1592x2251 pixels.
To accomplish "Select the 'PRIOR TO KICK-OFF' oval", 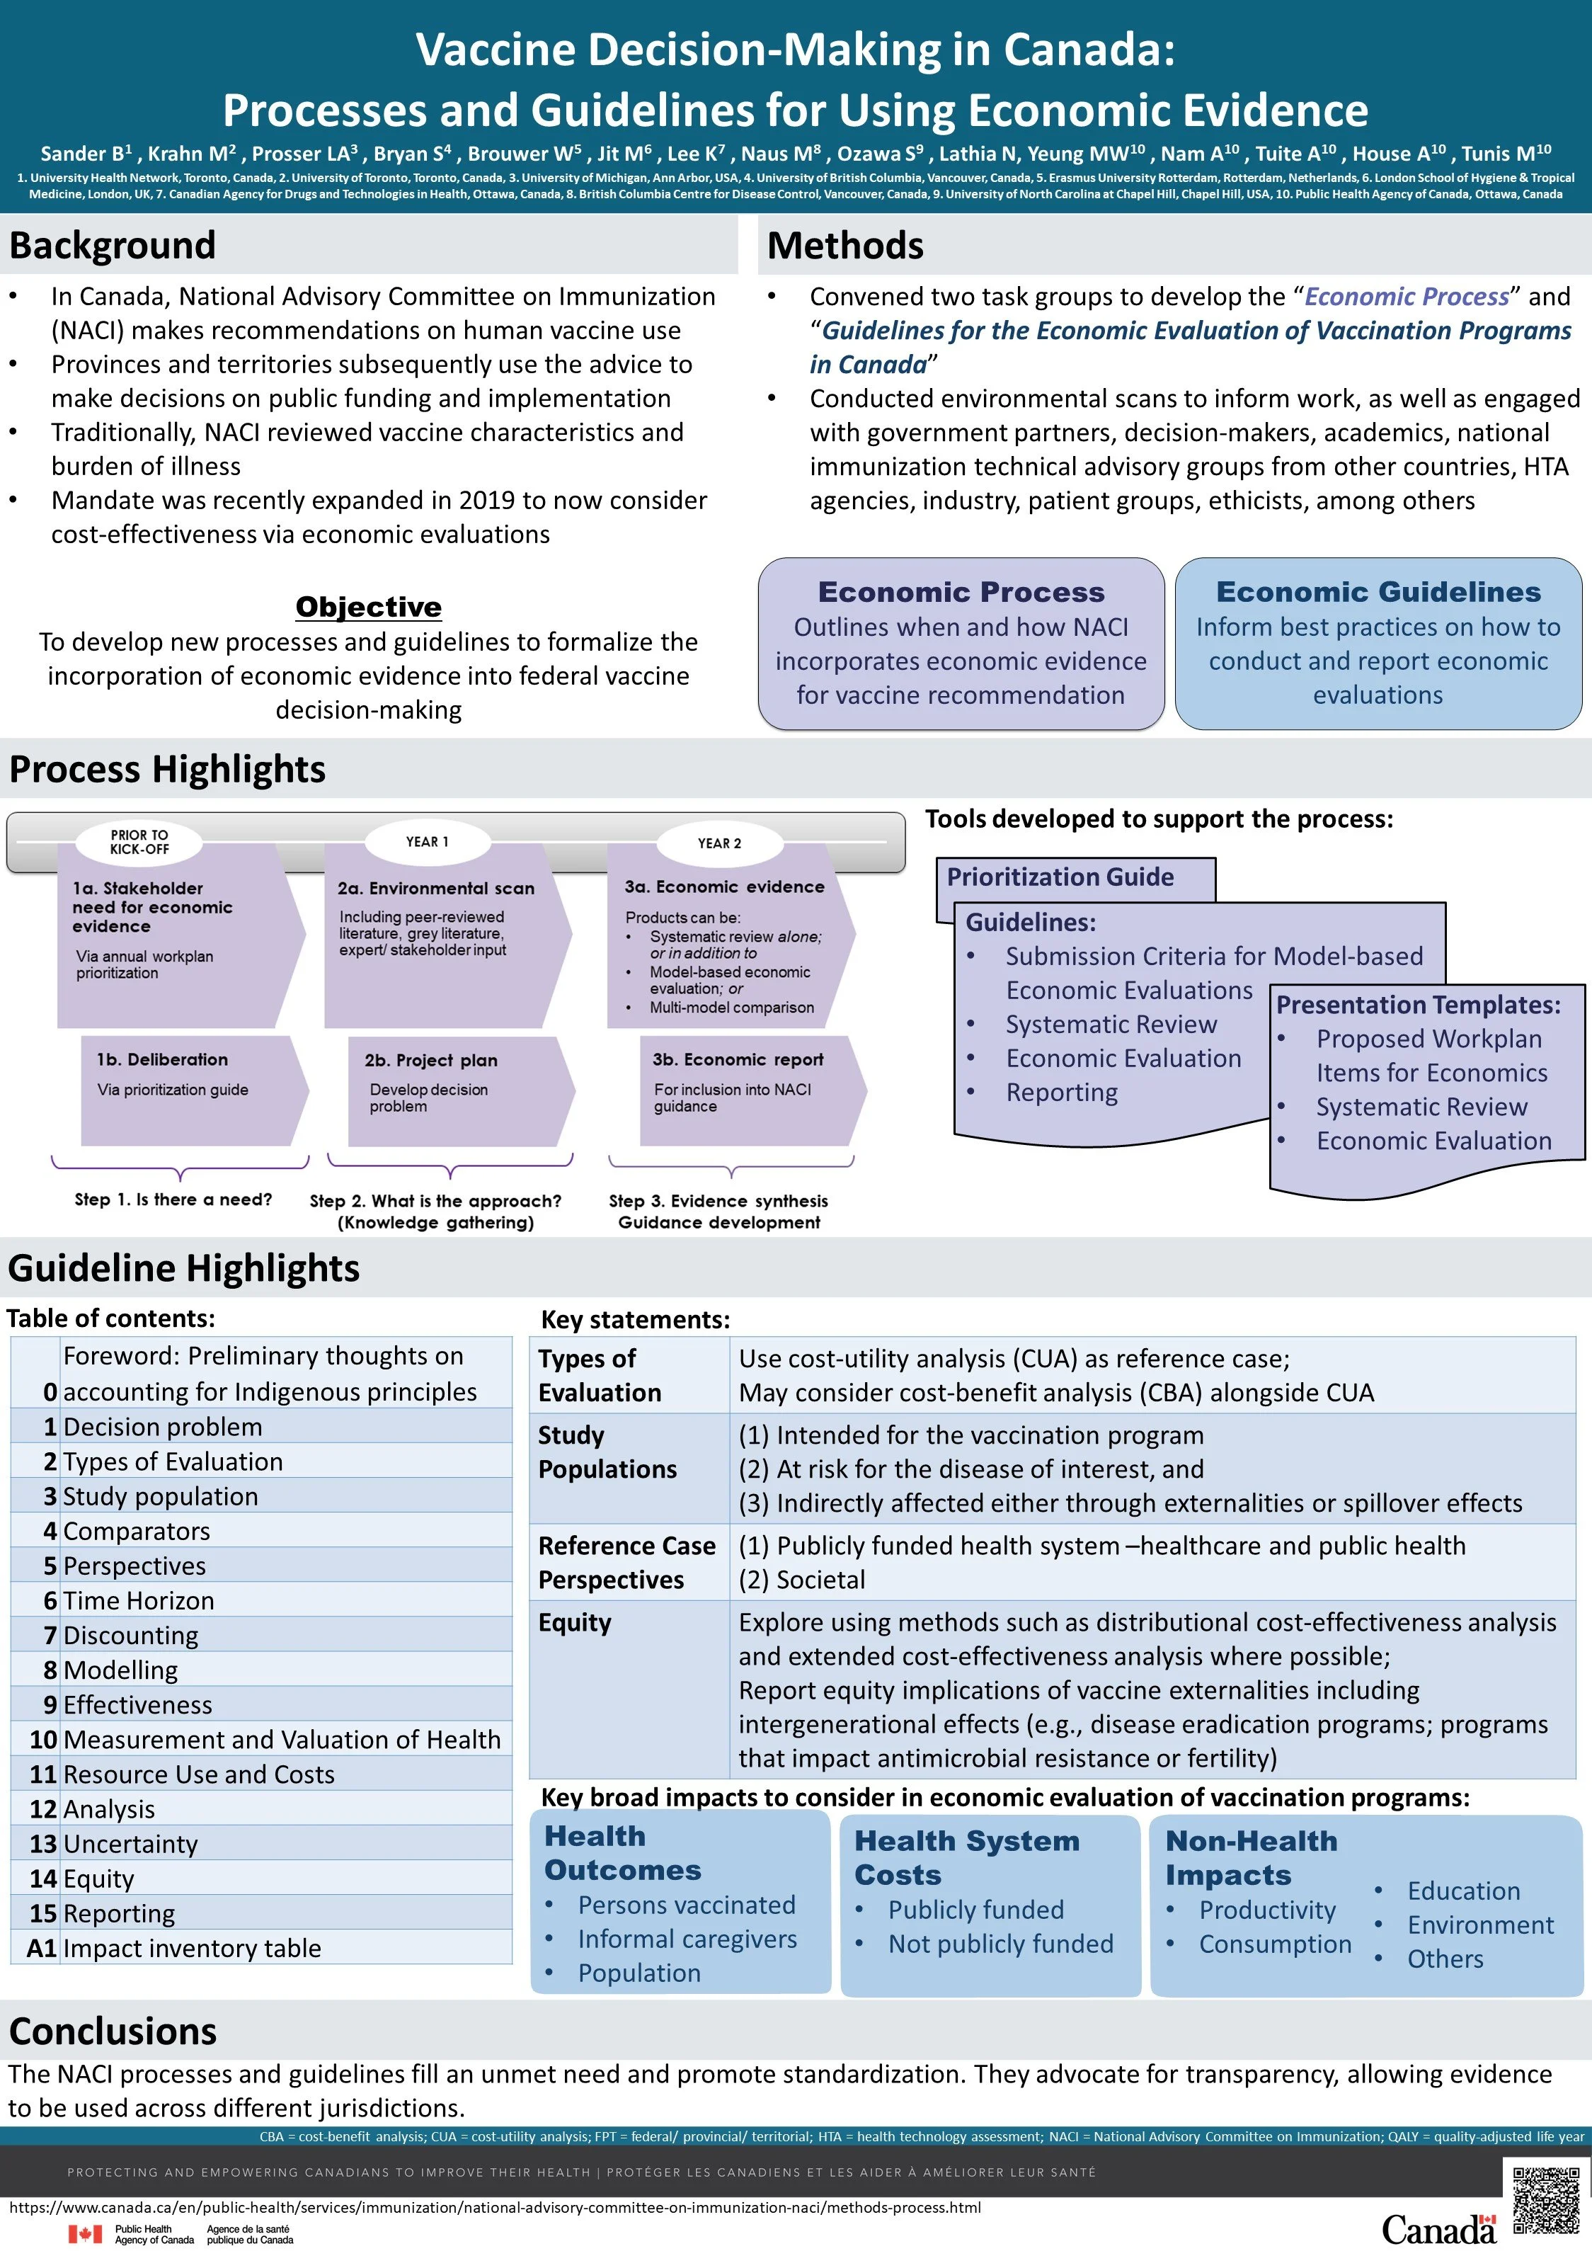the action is coord(139,842).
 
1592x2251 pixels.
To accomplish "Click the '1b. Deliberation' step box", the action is coord(162,1060).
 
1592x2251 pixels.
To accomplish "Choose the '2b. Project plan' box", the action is coord(430,1061).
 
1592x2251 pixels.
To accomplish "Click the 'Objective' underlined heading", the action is coord(369,607).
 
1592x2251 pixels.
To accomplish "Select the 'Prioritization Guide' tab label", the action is coord(1060,877).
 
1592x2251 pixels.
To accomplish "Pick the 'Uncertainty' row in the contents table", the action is coord(130,1844).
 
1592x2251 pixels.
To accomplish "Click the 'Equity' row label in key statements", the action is coord(575,1622).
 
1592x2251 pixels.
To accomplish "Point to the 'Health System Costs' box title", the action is coord(966,1858).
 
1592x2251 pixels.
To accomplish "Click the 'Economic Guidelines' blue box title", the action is coord(1378,592).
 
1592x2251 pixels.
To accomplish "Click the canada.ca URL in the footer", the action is coord(495,2208).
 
